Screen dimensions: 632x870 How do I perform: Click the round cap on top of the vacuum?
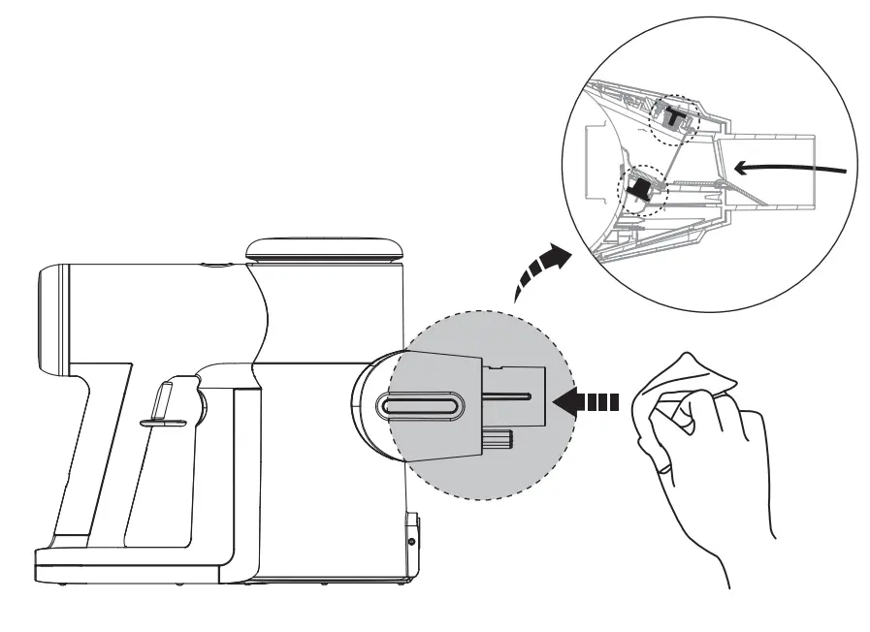tap(325, 246)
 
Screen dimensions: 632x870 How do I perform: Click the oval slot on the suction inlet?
tap(421, 406)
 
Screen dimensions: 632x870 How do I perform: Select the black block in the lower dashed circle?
tap(639, 186)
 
